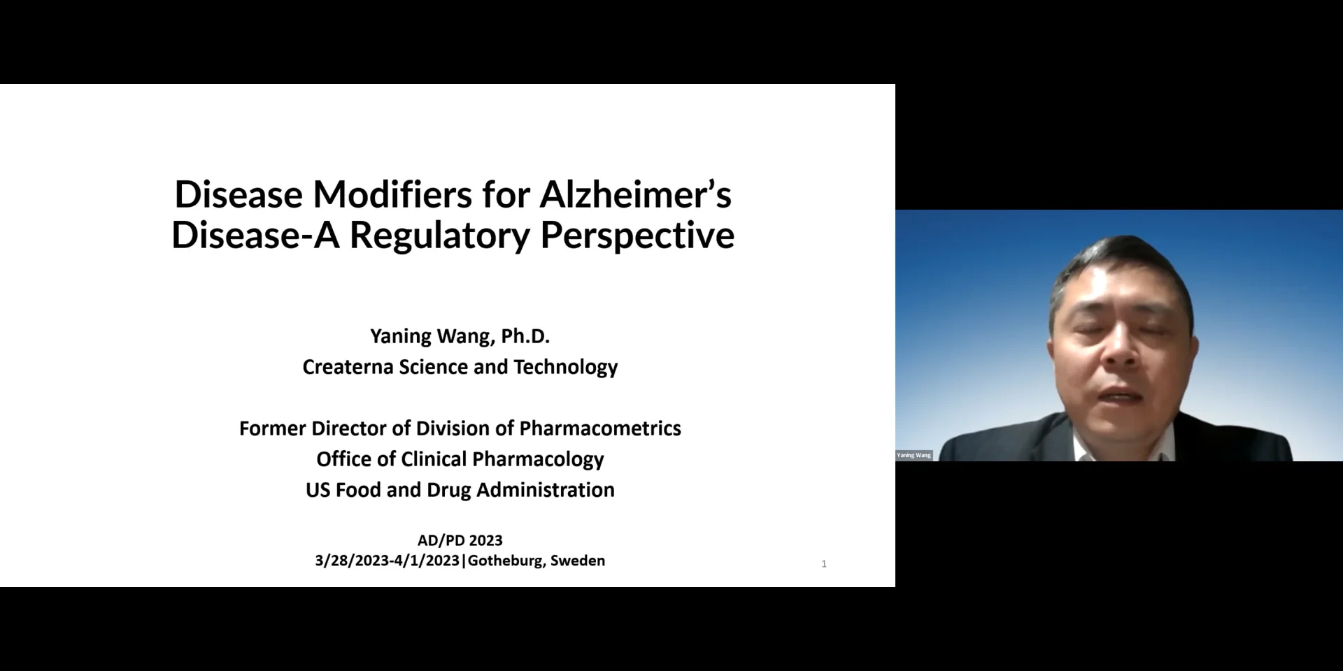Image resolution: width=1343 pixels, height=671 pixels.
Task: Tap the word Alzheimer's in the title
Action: pyautogui.click(x=635, y=194)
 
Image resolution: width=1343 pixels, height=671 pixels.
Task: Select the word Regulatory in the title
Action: pyautogui.click(x=439, y=235)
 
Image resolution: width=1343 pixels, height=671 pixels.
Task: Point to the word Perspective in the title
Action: pyautogui.click(x=637, y=235)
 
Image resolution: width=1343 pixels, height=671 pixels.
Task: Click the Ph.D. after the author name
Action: pyautogui.click(x=525, y=336)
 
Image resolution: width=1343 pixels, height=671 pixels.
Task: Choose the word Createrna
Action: pyautogui.click(x=348, y=367)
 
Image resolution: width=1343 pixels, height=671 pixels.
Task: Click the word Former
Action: pyautogui.click(x=273, y=428)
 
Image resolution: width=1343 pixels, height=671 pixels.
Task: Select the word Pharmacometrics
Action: pyautogui.click(x=600, y=428)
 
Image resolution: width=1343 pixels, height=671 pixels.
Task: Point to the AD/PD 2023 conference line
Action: pyautogui.click(x=460, y=540)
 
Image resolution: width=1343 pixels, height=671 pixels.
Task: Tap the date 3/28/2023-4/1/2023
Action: pyautogui.click(x=387, y=561)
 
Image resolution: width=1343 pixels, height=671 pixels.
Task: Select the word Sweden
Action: pyautogui.click(x=578, y=561)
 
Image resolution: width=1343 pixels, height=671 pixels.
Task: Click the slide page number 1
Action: pyautogui.click(x=824, y=564)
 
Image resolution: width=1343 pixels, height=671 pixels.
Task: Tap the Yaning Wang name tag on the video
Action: pyautogui.click(x=914, y=455)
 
